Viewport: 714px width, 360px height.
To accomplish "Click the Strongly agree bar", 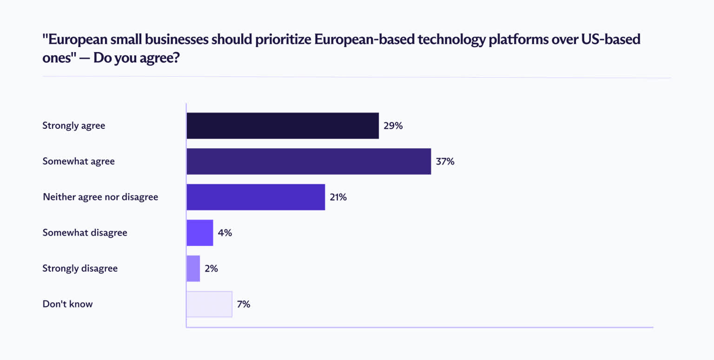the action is pyautogui.click(x=283, y=126).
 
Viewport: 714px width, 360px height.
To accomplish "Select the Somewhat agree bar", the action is pyautogui.click(x=309, y=161).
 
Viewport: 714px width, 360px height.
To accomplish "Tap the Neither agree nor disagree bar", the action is pyautogui.click(x=256, y=197).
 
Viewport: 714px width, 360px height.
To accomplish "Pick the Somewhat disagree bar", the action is pyautogui.click(x=200, y=233).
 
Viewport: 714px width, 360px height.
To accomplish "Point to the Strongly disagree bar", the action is pyautogui.click(x=193, y=268).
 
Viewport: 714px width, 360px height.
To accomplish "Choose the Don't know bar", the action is pyautogui.click(x=210, y=304).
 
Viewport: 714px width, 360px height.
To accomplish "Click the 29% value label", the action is pyautogui.click(x=393, y=126).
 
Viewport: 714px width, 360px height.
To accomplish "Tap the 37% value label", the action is pyautogui.click(x=445, y=161).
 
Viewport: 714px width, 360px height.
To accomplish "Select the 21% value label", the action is pyautogui.click(x=338, y=197).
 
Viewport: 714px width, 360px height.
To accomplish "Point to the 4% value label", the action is pyautogui.click(x=225, y=233).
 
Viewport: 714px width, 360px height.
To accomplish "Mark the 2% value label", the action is pyautogui.click(x=212, y=268).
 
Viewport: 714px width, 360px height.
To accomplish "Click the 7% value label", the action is pyautogui.click(x=244, y=304).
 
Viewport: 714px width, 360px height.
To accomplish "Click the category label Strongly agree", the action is pyautogui.click(x=73, y=126).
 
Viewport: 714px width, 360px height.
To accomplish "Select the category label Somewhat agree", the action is pyautogui.click(x=79, y=161).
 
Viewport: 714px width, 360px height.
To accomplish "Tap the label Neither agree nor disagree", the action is pyautogui.click(x=100, y=197).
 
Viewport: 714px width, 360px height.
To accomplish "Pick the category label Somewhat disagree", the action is pyautogui.click(x=85, y=233).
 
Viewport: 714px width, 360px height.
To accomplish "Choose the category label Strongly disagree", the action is pyautogui.click(x=80, y=268).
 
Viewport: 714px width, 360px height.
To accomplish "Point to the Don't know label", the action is pyautogui.click(x=67, y=304).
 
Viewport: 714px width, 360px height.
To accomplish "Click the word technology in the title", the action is pyautogui.click(x=451, y=40).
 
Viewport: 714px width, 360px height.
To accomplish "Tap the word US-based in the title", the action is pyautogui.click(x=611, y=39).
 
